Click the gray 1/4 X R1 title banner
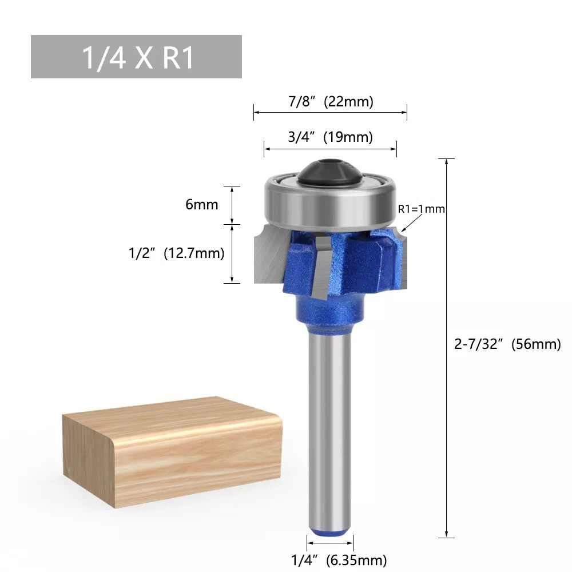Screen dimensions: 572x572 (x=136, y=57)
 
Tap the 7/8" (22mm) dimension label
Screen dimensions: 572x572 (x=331, y=102)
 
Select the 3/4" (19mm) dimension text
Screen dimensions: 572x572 (x=331, y=137)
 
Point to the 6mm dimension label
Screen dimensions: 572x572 (x=201, y=204)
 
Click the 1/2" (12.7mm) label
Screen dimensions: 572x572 (x=176, y=253)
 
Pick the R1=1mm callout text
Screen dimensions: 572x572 (x=421, y=209)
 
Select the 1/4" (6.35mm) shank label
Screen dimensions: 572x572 (x=330, y=559)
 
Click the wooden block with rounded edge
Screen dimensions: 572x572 (x=172, y=452)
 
